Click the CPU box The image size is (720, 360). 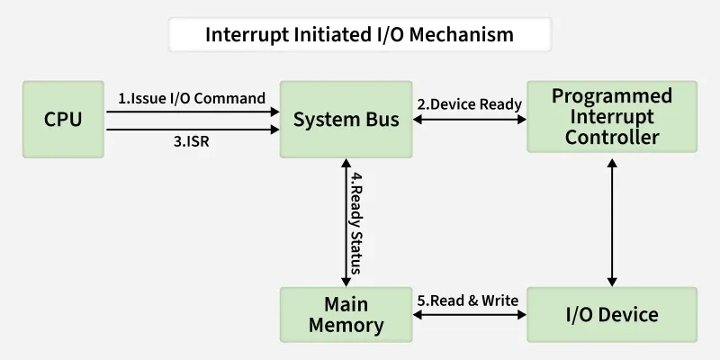tap(63, 118)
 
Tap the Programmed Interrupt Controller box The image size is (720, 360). tap(612, 117)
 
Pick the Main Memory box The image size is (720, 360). tap(346, 314)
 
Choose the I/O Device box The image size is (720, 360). tap(612, 314)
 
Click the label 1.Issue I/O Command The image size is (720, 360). tap(192, 98)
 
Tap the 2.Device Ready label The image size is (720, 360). tap(469, 103)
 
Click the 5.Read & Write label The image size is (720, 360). tap(468, 301)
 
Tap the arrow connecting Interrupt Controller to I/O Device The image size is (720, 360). tap(612, 221)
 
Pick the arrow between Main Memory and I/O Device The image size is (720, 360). tap(469, 315)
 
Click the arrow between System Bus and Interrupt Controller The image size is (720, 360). tap(469, 118)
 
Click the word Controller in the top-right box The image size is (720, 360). tap(612, 137)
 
